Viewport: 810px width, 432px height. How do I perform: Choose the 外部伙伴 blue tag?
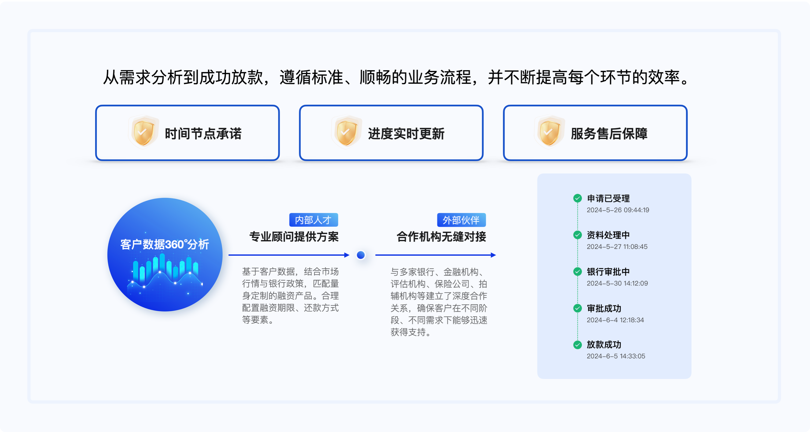461,220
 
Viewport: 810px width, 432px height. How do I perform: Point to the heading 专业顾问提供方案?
294,236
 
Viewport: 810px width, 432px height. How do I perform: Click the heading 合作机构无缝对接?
441,236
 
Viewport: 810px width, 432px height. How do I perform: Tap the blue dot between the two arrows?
361,255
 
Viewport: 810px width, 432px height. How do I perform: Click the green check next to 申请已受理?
577,198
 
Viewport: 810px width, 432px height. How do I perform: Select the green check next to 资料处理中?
577,235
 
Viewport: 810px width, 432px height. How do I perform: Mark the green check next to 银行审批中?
577,271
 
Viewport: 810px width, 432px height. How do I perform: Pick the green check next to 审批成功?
577,308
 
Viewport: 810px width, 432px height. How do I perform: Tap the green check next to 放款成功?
577,345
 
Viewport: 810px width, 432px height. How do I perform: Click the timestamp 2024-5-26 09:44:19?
618,210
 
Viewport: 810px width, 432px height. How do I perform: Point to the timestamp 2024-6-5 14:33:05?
616,356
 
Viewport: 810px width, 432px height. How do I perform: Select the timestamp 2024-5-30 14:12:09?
617,283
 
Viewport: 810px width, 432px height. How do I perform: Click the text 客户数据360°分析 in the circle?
165,244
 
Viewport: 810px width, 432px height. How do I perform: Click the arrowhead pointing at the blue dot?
347,255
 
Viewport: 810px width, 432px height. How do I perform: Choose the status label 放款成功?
604,345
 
